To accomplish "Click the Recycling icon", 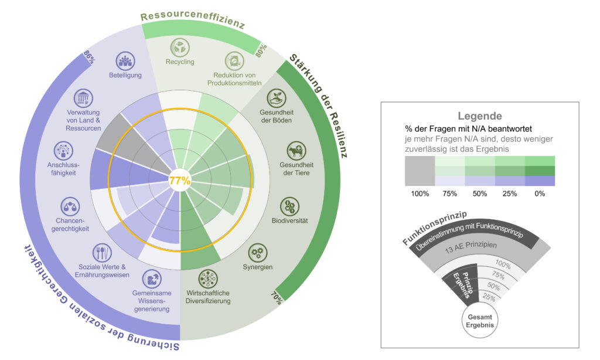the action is (x=180, y=47).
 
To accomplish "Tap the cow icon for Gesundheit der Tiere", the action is (x=296, y=151).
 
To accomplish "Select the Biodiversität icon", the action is (x=289, y=207).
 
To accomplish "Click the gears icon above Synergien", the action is (x=258, y=253).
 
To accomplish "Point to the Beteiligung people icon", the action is (x=125, y=62).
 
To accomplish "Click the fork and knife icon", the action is (x=102, y=253).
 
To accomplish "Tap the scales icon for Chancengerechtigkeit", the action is (x=70, y=207).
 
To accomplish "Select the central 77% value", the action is (x=180, y=181).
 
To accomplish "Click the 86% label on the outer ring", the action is (x=89, y=58).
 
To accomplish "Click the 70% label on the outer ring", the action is (x=277, y=298).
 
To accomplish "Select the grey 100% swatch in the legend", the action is (x=420, y=171).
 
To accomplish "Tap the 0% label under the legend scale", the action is (x=540, y=194).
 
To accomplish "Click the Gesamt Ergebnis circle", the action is (x=480, y=321).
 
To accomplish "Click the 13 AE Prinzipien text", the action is (x=471, y=247).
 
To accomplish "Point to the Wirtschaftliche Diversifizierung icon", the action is (x=208, y=279).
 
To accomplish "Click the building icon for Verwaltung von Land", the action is (x=83, y=99).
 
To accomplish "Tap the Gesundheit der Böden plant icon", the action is (x=277, y=99).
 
